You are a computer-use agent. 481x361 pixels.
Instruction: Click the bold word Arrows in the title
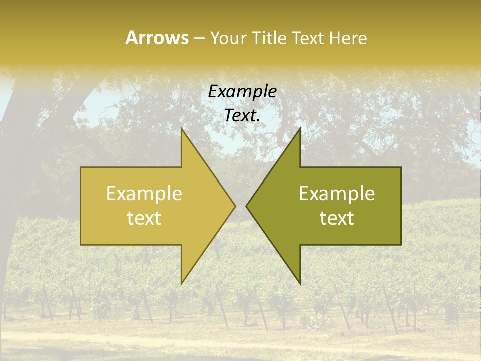coord(157,38)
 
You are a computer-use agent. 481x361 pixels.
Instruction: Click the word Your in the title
coord(228,38)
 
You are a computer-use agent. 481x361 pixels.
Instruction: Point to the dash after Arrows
coord(199,38)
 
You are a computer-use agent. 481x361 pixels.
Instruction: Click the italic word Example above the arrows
coord(242,92)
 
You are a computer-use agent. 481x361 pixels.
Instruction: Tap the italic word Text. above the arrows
coord(242,115)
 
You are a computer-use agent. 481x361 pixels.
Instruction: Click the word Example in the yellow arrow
coord(144,194)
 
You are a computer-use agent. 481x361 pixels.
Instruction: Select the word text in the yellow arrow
coord(144,218)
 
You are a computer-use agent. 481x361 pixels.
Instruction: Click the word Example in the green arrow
coord(337,194)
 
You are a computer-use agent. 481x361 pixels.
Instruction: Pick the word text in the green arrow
coord(337,218)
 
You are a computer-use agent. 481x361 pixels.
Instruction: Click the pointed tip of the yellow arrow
coord(235,206)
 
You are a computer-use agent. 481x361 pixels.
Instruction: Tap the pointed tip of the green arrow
coord(246,206)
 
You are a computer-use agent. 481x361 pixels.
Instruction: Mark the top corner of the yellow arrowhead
coord(182,129)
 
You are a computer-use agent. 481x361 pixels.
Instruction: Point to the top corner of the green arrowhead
coord(300,129)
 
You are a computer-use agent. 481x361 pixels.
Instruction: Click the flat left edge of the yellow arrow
coord(81,206)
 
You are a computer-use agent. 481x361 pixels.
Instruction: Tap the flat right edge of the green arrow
coord(400,206)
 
